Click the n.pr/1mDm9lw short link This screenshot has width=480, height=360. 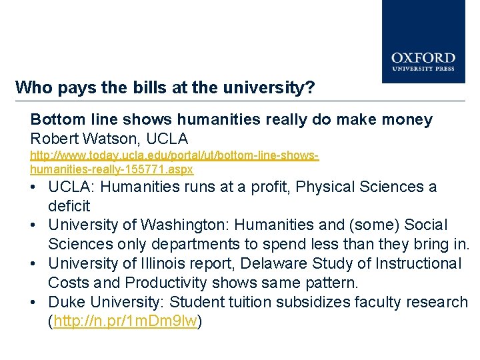125,321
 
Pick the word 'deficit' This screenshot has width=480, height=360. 69,206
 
